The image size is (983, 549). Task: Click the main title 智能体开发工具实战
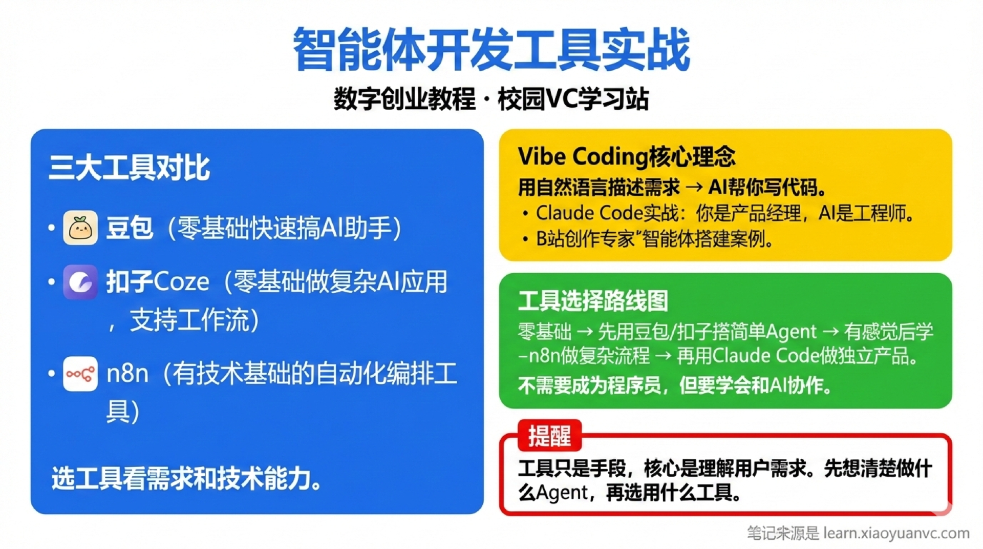coord(491,50)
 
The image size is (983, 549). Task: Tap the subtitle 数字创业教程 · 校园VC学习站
coord(491,98)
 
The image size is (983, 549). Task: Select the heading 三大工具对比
coord(129,167)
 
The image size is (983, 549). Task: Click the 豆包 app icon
coord(80,227)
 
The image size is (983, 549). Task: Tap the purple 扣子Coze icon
coord(80,282)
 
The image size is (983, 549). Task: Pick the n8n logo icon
coord(80,374)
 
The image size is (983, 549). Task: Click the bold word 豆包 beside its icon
coord(129,228)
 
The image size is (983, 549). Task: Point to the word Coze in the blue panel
coord(181,282)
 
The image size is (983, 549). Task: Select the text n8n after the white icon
coord(127,374)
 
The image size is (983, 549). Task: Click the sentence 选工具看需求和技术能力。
coord(187,478)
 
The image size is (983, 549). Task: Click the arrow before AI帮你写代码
coord(694,188)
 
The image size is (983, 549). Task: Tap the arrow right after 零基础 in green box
coord(584,332)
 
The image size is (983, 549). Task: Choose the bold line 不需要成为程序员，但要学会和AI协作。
coord(675,385)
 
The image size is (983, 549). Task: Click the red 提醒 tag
coord(549,436)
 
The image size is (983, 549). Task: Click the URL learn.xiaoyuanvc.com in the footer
coord(896,533)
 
